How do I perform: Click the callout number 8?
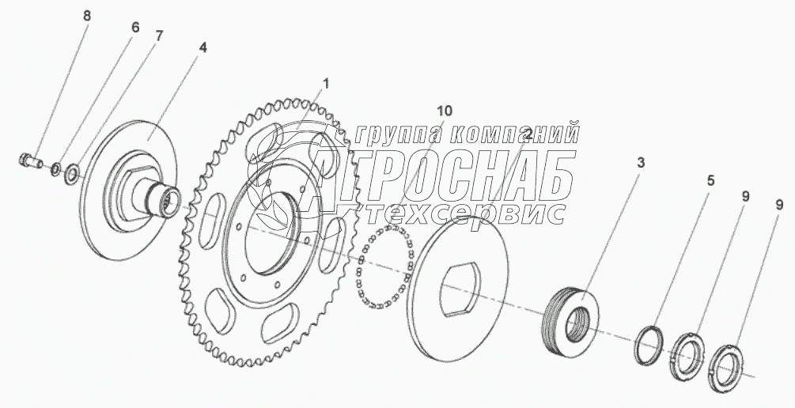pyautogui.click(x=87, y=16)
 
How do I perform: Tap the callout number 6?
pyautogui.click(x=134, y=28)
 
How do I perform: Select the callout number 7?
pyautogui.click(x=159, y=36)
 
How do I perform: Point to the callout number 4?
pyautogui.click(x=203, y=47)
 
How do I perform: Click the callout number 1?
pyautogui.click(x=327, y=84)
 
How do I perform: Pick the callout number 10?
pyautogui.click(x=444, y=111)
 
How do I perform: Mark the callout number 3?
pyautogui.click(x=641, y=163)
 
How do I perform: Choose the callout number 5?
pyautogui.click(x=711, y=180)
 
